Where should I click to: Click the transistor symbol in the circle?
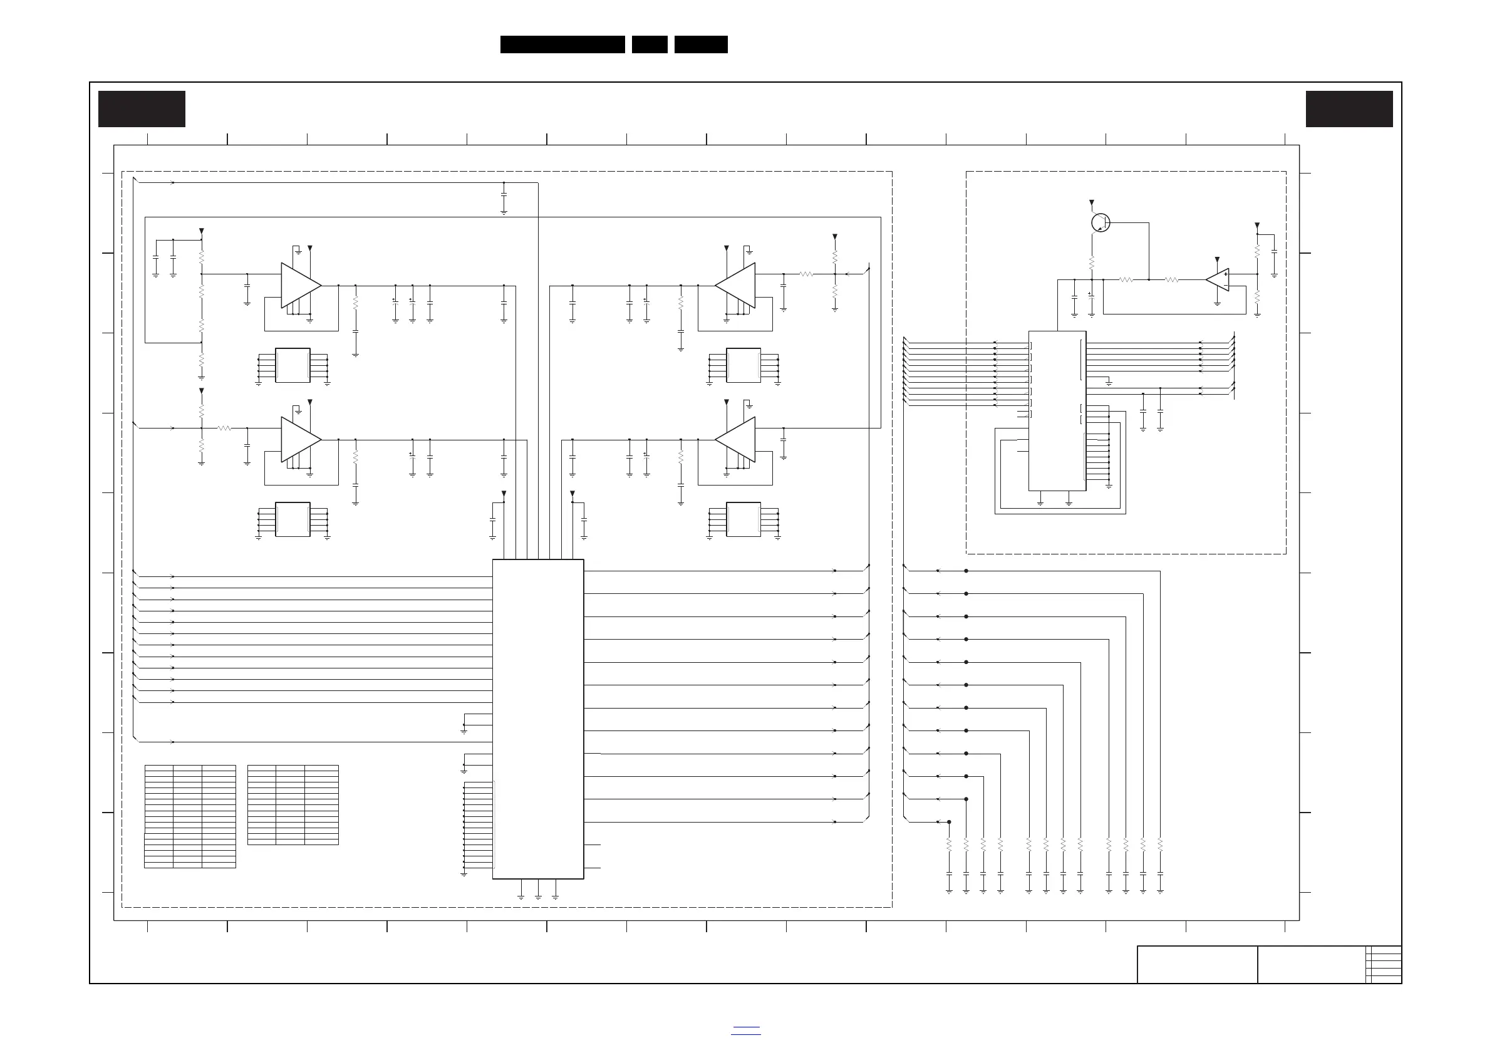(x=1100, y=223)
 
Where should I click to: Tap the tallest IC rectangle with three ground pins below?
(x=538, y=719)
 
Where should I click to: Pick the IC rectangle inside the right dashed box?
(x=1057, y=411)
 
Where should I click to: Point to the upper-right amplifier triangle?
(x=735, y=285)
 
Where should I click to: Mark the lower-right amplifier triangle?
(x=735, y=439)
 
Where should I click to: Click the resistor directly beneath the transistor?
(x=1092, y=263)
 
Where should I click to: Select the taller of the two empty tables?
(x=190, y=816)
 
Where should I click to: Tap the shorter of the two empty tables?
(x=293, y=805)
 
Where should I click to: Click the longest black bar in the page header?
(x=562, y=44)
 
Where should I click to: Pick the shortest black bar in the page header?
(x=650, y=44)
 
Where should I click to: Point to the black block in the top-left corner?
(x=142, y=109)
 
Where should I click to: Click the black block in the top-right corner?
(x=1349, y=109)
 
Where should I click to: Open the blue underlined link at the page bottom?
(x=746, y=1031)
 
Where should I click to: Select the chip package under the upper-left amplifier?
(x=293, y=365)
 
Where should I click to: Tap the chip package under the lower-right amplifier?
(x=743, y=519)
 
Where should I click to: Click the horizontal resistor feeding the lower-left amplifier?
(x=224, y=429)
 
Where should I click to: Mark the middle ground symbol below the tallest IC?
(x=538, y=897)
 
